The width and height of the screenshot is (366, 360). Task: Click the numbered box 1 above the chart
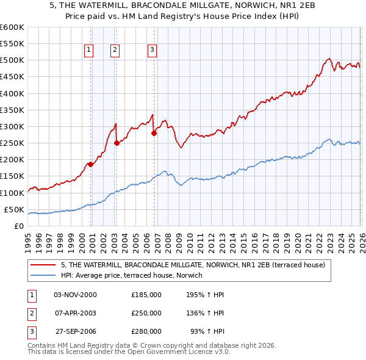89,51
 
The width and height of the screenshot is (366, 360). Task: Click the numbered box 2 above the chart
115,51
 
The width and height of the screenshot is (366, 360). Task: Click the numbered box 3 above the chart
152,51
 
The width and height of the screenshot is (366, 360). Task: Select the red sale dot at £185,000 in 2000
90,164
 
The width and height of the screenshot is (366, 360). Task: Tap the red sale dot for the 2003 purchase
117,143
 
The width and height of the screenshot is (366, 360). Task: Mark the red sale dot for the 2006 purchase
154,133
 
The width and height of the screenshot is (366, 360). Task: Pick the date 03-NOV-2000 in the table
75,294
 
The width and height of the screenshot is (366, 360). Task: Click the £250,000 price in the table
146,313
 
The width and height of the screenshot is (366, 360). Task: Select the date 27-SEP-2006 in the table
76,332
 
